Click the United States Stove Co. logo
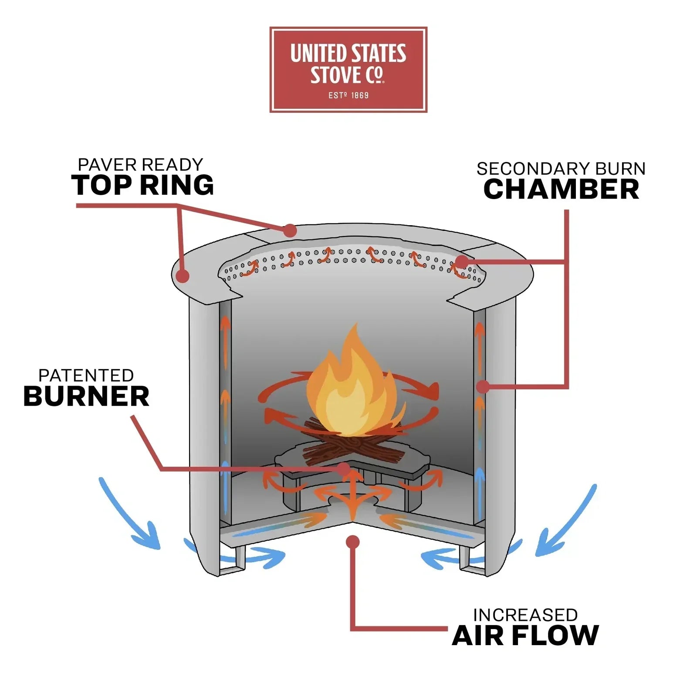(348, 70)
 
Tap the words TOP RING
(142, 185)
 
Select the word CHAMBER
(561, 189)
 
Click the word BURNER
(86, 396)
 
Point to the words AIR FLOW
(525, 635)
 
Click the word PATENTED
(86, 376)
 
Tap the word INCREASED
(525, 615)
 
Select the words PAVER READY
(140, 165)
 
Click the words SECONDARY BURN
(561, 169)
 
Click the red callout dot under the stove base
(353, 542)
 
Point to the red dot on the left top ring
(183, 275)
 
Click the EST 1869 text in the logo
(348, 95)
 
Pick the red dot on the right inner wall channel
(482, 386)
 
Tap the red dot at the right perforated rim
(462, 261)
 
